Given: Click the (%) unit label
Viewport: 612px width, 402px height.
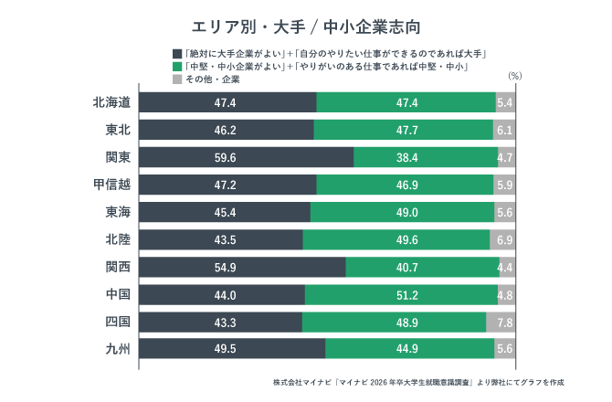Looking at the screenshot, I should (x=513, y=77).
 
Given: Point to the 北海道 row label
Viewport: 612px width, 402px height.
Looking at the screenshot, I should (x=111, y=102).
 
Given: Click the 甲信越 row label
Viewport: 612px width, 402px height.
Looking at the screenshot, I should (x=111, y=185).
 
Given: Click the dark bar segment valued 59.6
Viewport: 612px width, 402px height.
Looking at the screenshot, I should (x=247, y=157).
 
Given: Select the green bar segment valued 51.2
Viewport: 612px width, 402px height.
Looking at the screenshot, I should (x=401, y=294).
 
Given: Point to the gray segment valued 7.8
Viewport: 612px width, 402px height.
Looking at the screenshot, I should (x=501, y=322).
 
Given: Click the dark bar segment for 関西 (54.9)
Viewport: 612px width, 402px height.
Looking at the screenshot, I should (x=243, y=267).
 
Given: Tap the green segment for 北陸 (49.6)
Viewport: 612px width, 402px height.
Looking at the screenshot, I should (x=396, y=239).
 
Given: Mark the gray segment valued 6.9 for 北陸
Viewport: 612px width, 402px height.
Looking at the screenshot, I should (x=502, y=239).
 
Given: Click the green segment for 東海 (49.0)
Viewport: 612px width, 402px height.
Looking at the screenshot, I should (x=402, y=212).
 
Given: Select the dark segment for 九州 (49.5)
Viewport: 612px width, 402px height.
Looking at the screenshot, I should (x=232, y=349).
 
